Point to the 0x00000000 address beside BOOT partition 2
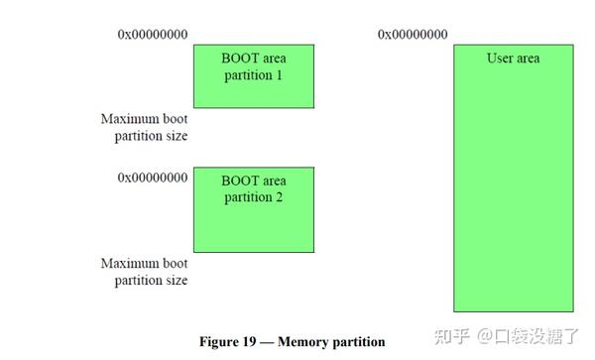(153, 179)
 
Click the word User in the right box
(500, 59)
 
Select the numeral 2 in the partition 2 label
(281, 197)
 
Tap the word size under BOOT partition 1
(176, 136)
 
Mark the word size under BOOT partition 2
(176, 281)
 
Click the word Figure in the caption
(220, 342)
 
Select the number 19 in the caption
(252, 342)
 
